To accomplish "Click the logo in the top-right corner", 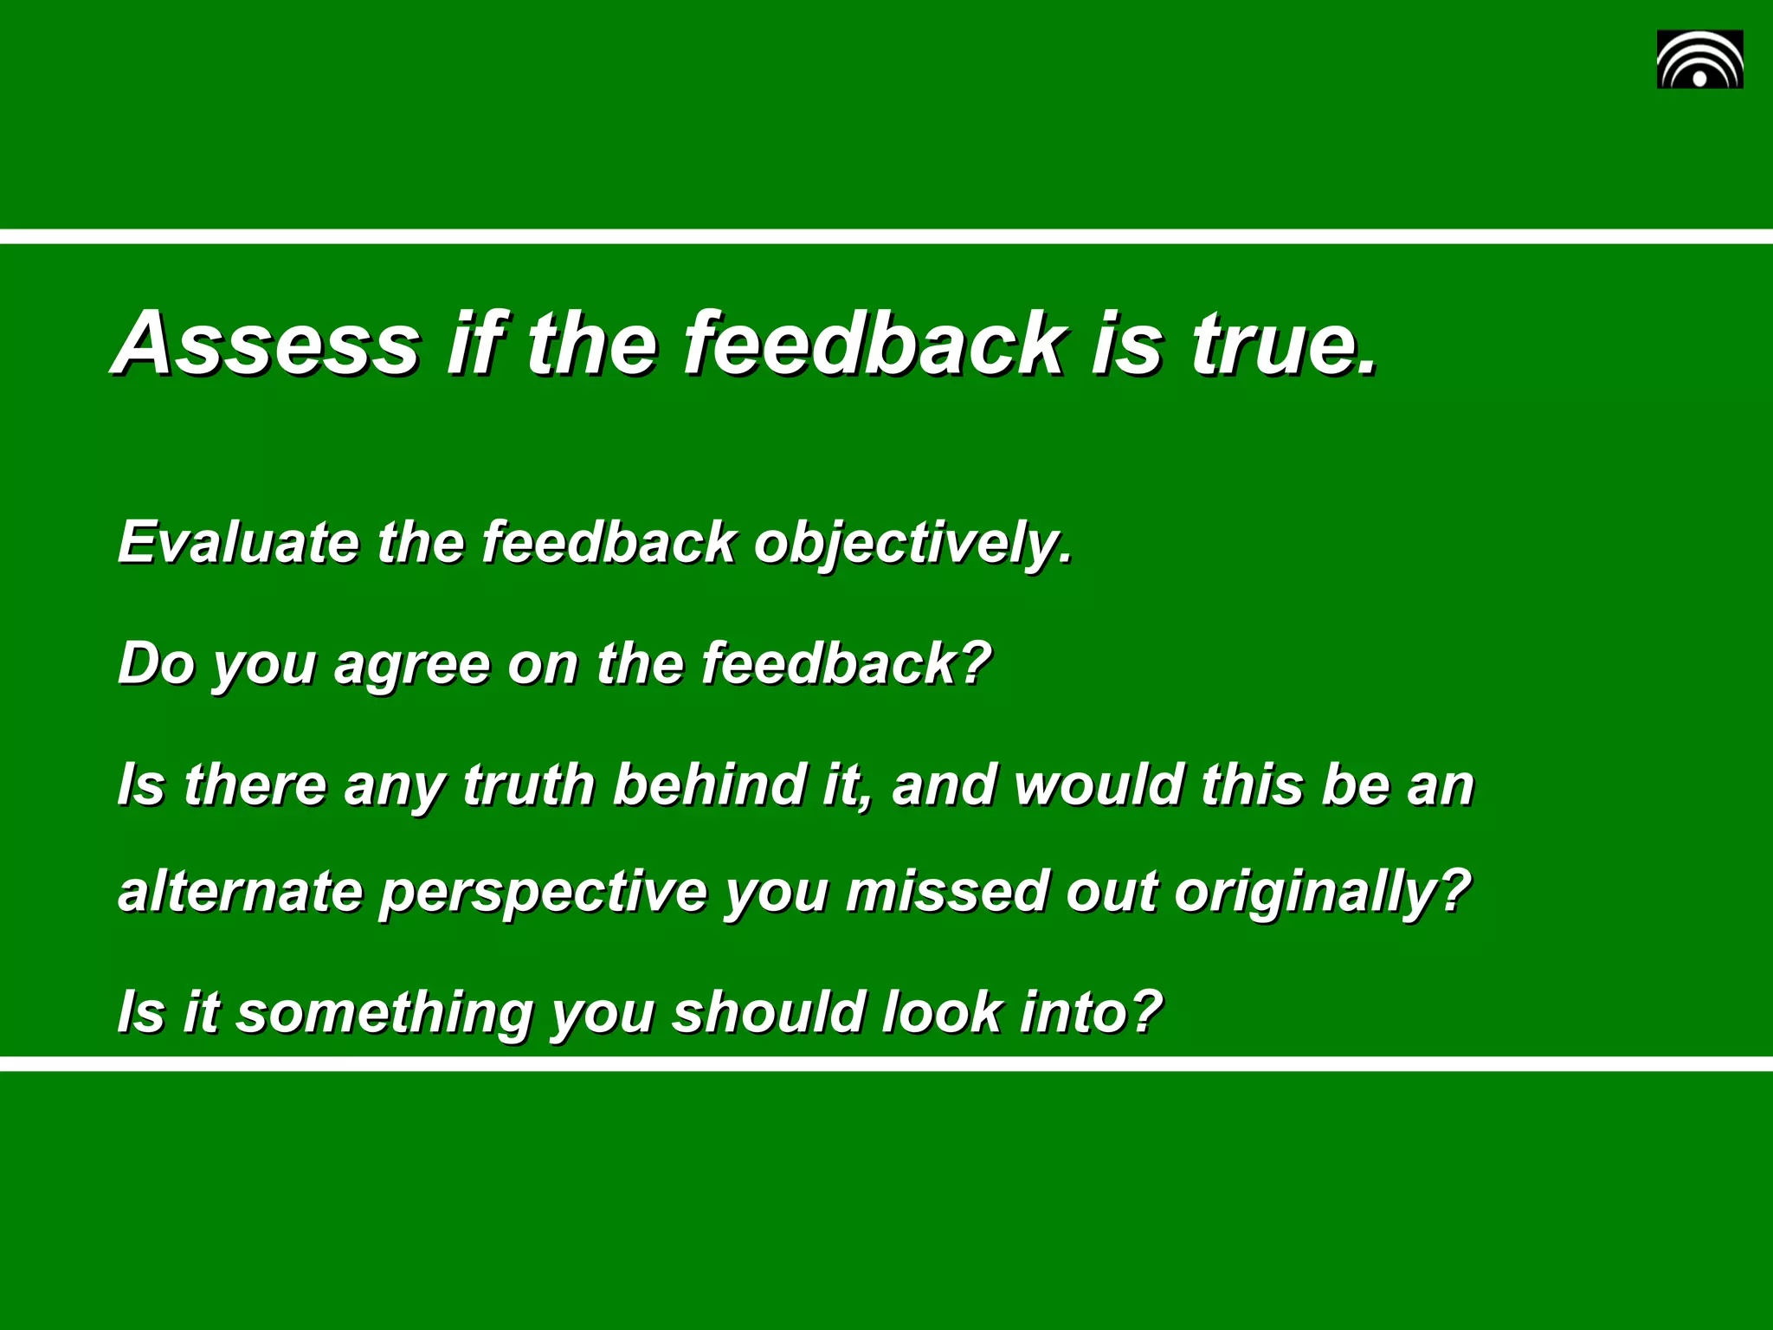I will (x=1699, y=59).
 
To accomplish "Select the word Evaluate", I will (x=238, y=542).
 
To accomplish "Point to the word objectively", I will (x=912, y=544).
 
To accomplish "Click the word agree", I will (x=412, y=665).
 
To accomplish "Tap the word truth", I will (x=528, y=784).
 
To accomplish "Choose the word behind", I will (x=709, y=784).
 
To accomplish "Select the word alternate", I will (x=240, y=892).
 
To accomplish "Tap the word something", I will (x=385, y=1013).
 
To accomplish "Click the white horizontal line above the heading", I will (x=886, y=236).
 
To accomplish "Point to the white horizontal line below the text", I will (x=886, y=1063).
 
